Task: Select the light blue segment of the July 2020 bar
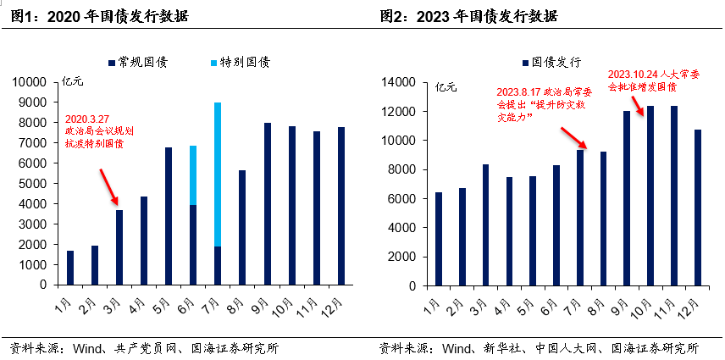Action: pos(218,174)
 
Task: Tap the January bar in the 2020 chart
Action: pos(70,268)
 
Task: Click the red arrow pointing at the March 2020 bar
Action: pos(108,186)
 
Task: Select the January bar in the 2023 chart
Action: pos(439,239)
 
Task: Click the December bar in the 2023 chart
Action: pos(698,208)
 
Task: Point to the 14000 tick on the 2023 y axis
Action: pos(401,82)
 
